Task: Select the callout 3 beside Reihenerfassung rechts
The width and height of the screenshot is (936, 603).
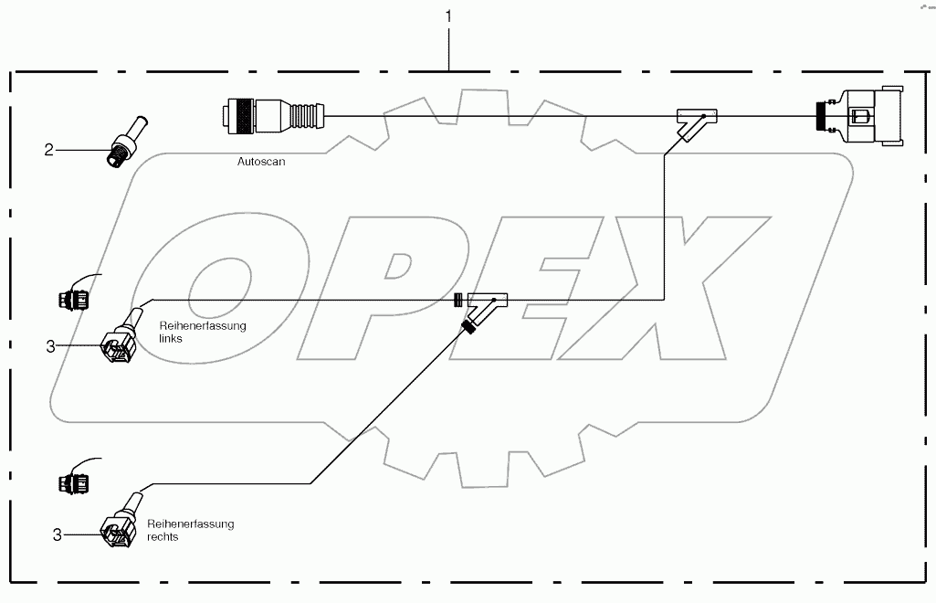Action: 56,534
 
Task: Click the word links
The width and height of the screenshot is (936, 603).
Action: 171,338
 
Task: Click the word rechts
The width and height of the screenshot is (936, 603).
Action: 164,537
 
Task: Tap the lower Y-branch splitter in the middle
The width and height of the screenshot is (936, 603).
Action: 485,307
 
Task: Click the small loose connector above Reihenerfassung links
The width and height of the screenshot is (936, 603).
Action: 72,297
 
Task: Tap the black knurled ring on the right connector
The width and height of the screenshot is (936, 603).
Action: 822,117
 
